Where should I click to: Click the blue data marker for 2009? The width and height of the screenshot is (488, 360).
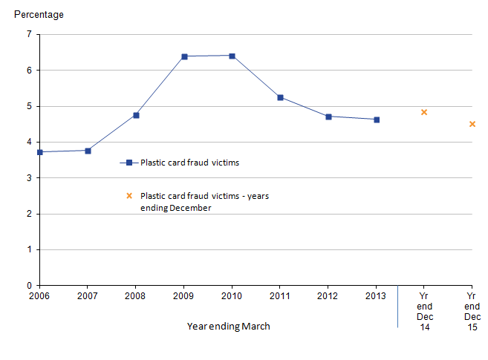click(x=184, y=56)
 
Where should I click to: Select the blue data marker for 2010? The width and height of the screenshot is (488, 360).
click(x=232, y=56)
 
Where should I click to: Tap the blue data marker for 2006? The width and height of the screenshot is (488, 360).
click(x=40, y=152)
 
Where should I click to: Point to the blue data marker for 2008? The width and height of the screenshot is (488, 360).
click(x=136, y=115)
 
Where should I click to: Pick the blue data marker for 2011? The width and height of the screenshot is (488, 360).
click(x=280, y=97)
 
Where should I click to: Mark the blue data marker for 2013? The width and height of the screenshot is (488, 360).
click(x=377, y=120)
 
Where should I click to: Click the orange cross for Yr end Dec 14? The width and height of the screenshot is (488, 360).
click(x=424, y=112)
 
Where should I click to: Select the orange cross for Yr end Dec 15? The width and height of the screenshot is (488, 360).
click(x=472, y=124)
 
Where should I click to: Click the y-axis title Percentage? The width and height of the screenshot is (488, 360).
click(x=39, y=14)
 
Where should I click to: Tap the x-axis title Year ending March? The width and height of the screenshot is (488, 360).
click(x=228, y=326)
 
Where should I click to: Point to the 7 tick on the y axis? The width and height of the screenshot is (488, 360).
click(x=29, y=34)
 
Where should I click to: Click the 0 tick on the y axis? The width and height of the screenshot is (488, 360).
click(x=29, y=286)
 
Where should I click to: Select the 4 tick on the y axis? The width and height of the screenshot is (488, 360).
click(x=29, y=142)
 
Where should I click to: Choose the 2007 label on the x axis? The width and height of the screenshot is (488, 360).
click(x=88, y=296)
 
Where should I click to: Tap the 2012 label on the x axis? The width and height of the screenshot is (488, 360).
click(x=328, y=296)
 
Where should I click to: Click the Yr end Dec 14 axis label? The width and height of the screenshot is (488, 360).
click(x=424, y=311)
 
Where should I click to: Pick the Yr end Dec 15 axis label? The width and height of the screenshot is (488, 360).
click(x=472, y=311)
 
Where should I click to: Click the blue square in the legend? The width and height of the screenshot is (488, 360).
click(x=128, y=163)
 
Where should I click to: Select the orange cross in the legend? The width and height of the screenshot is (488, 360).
click(x=128, y=196)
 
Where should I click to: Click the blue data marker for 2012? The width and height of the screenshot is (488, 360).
click(x=328, y=117)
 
